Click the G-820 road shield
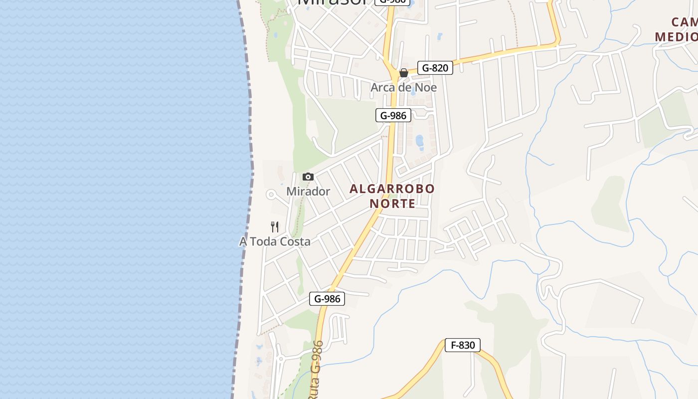435,68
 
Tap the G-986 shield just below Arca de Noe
393,116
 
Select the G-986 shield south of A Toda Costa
327,299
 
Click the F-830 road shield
462,345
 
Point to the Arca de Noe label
403,88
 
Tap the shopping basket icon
404,73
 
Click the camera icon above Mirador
308,177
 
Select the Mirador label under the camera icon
308,192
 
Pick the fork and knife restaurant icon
275,227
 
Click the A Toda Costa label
275,242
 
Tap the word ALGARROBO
392,189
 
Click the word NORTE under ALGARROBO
392,203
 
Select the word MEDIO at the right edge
676,37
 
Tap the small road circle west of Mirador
271,195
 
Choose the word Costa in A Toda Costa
294,242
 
